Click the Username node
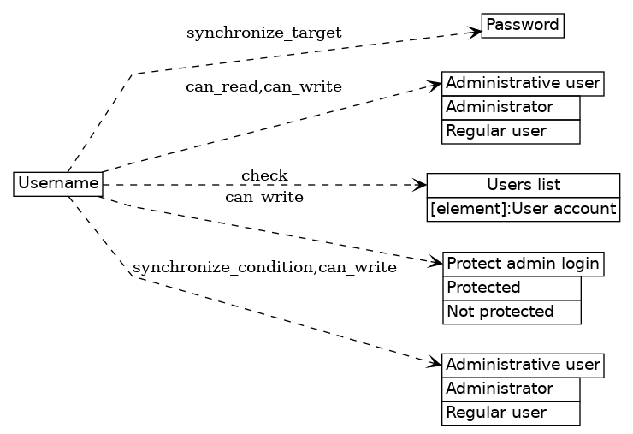click(x=58, y=183)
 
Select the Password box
click(x=523, y=26)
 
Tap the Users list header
click(x=523, y=185)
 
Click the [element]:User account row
click(x=523, y=209)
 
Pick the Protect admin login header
click(x=523, y=264)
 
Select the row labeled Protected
click(x=512, y=288)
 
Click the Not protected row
click(x=512, y=312)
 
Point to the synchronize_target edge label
click(x=263, y=33)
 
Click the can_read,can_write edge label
click(x=263, y=86)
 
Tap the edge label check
click(x=263, y=176)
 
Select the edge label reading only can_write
click(x=263, y=198)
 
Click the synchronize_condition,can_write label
click(x=263, y=268)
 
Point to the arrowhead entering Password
click(x=475, y=33)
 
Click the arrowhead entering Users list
click(x=420, y=184)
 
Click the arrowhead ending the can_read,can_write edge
click(x=435, y=86)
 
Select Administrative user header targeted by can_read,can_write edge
click(x=523, y=84)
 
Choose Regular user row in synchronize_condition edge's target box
click(x=511, y=413)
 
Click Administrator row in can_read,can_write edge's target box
click(x=511, y=108)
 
